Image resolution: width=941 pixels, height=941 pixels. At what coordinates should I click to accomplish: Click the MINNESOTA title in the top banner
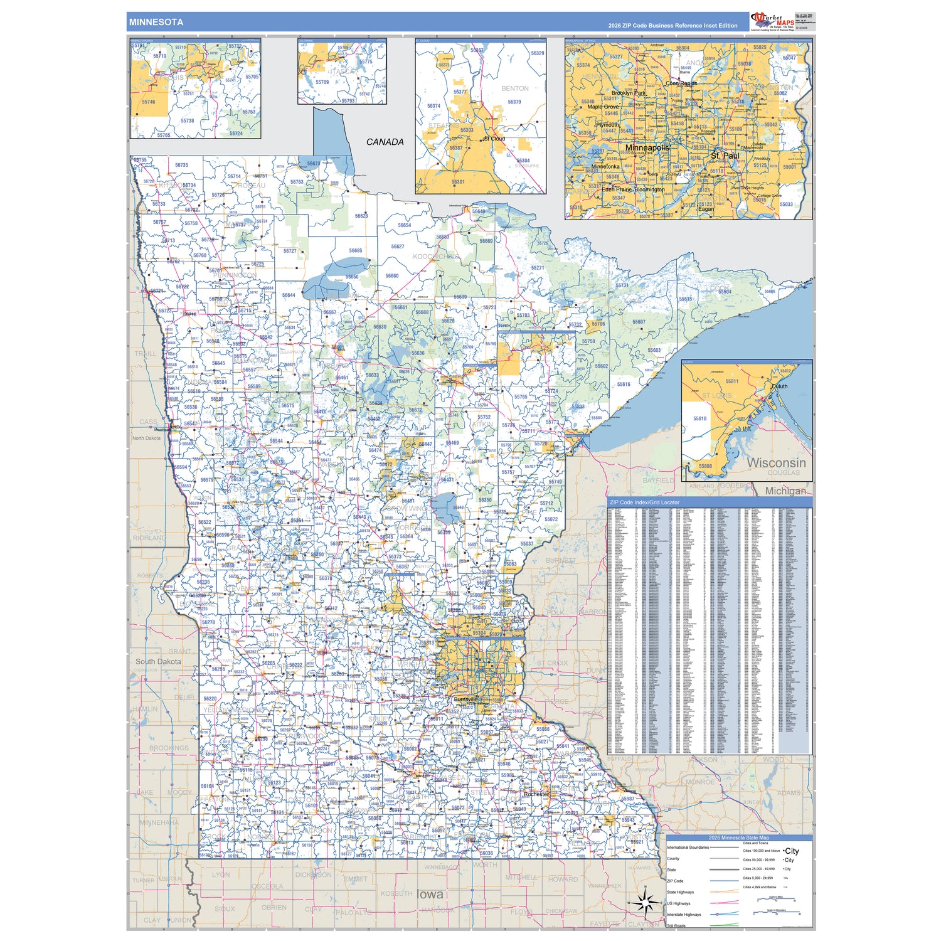156,22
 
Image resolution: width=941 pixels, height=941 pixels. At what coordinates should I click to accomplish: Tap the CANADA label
385,142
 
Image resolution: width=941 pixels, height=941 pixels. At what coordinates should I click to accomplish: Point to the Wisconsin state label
776,462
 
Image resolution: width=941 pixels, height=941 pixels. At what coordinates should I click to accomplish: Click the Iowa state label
430,894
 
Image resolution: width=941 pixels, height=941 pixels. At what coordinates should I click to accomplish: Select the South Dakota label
158,661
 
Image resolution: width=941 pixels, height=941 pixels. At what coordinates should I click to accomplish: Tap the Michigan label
785,491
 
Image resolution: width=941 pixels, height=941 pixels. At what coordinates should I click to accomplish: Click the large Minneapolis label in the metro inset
647,147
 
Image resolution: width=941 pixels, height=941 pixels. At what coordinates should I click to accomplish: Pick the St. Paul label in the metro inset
725,156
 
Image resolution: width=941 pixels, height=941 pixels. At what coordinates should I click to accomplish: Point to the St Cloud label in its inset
494,139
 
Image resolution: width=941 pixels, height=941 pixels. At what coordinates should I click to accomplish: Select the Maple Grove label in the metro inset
603,107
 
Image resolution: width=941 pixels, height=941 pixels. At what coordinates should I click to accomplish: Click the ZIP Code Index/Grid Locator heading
644,502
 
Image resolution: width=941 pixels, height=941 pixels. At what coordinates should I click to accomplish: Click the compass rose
645,903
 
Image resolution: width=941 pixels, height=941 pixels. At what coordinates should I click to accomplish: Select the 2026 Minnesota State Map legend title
738,837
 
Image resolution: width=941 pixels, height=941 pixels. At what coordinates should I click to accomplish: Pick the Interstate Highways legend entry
683,915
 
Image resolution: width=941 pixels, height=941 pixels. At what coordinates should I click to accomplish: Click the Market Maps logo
773,21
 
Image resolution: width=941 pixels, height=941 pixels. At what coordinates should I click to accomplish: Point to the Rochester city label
536,794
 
